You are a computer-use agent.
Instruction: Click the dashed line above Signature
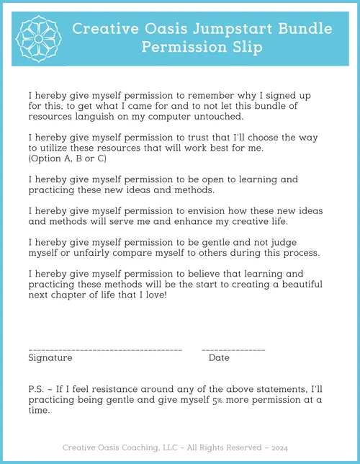coord(104,349)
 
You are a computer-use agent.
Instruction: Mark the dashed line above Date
coord(233,349)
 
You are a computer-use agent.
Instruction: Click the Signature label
coord(50,358)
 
